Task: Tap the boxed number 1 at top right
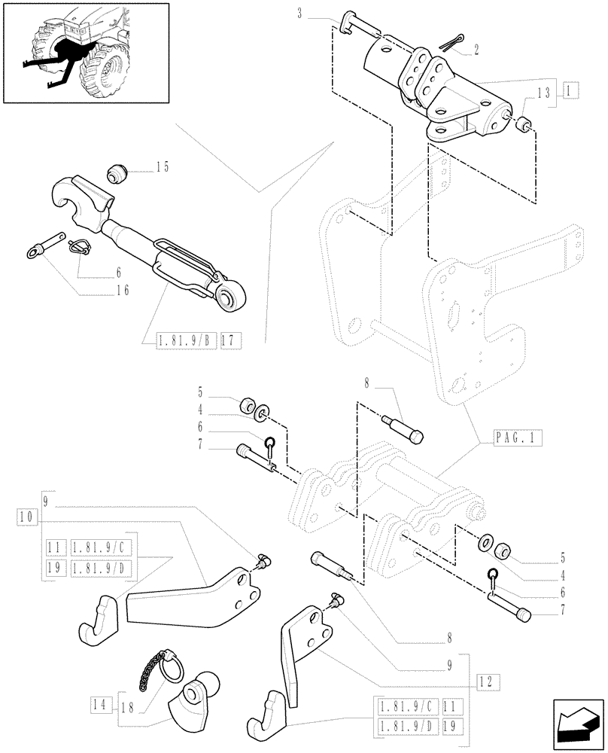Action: point(569,90)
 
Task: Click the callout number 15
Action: point(163,166)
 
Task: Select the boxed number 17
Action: point(230,341)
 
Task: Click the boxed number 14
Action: point(99,706)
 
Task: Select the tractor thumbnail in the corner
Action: point(85,53)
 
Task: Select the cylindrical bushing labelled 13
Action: point(521,121)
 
